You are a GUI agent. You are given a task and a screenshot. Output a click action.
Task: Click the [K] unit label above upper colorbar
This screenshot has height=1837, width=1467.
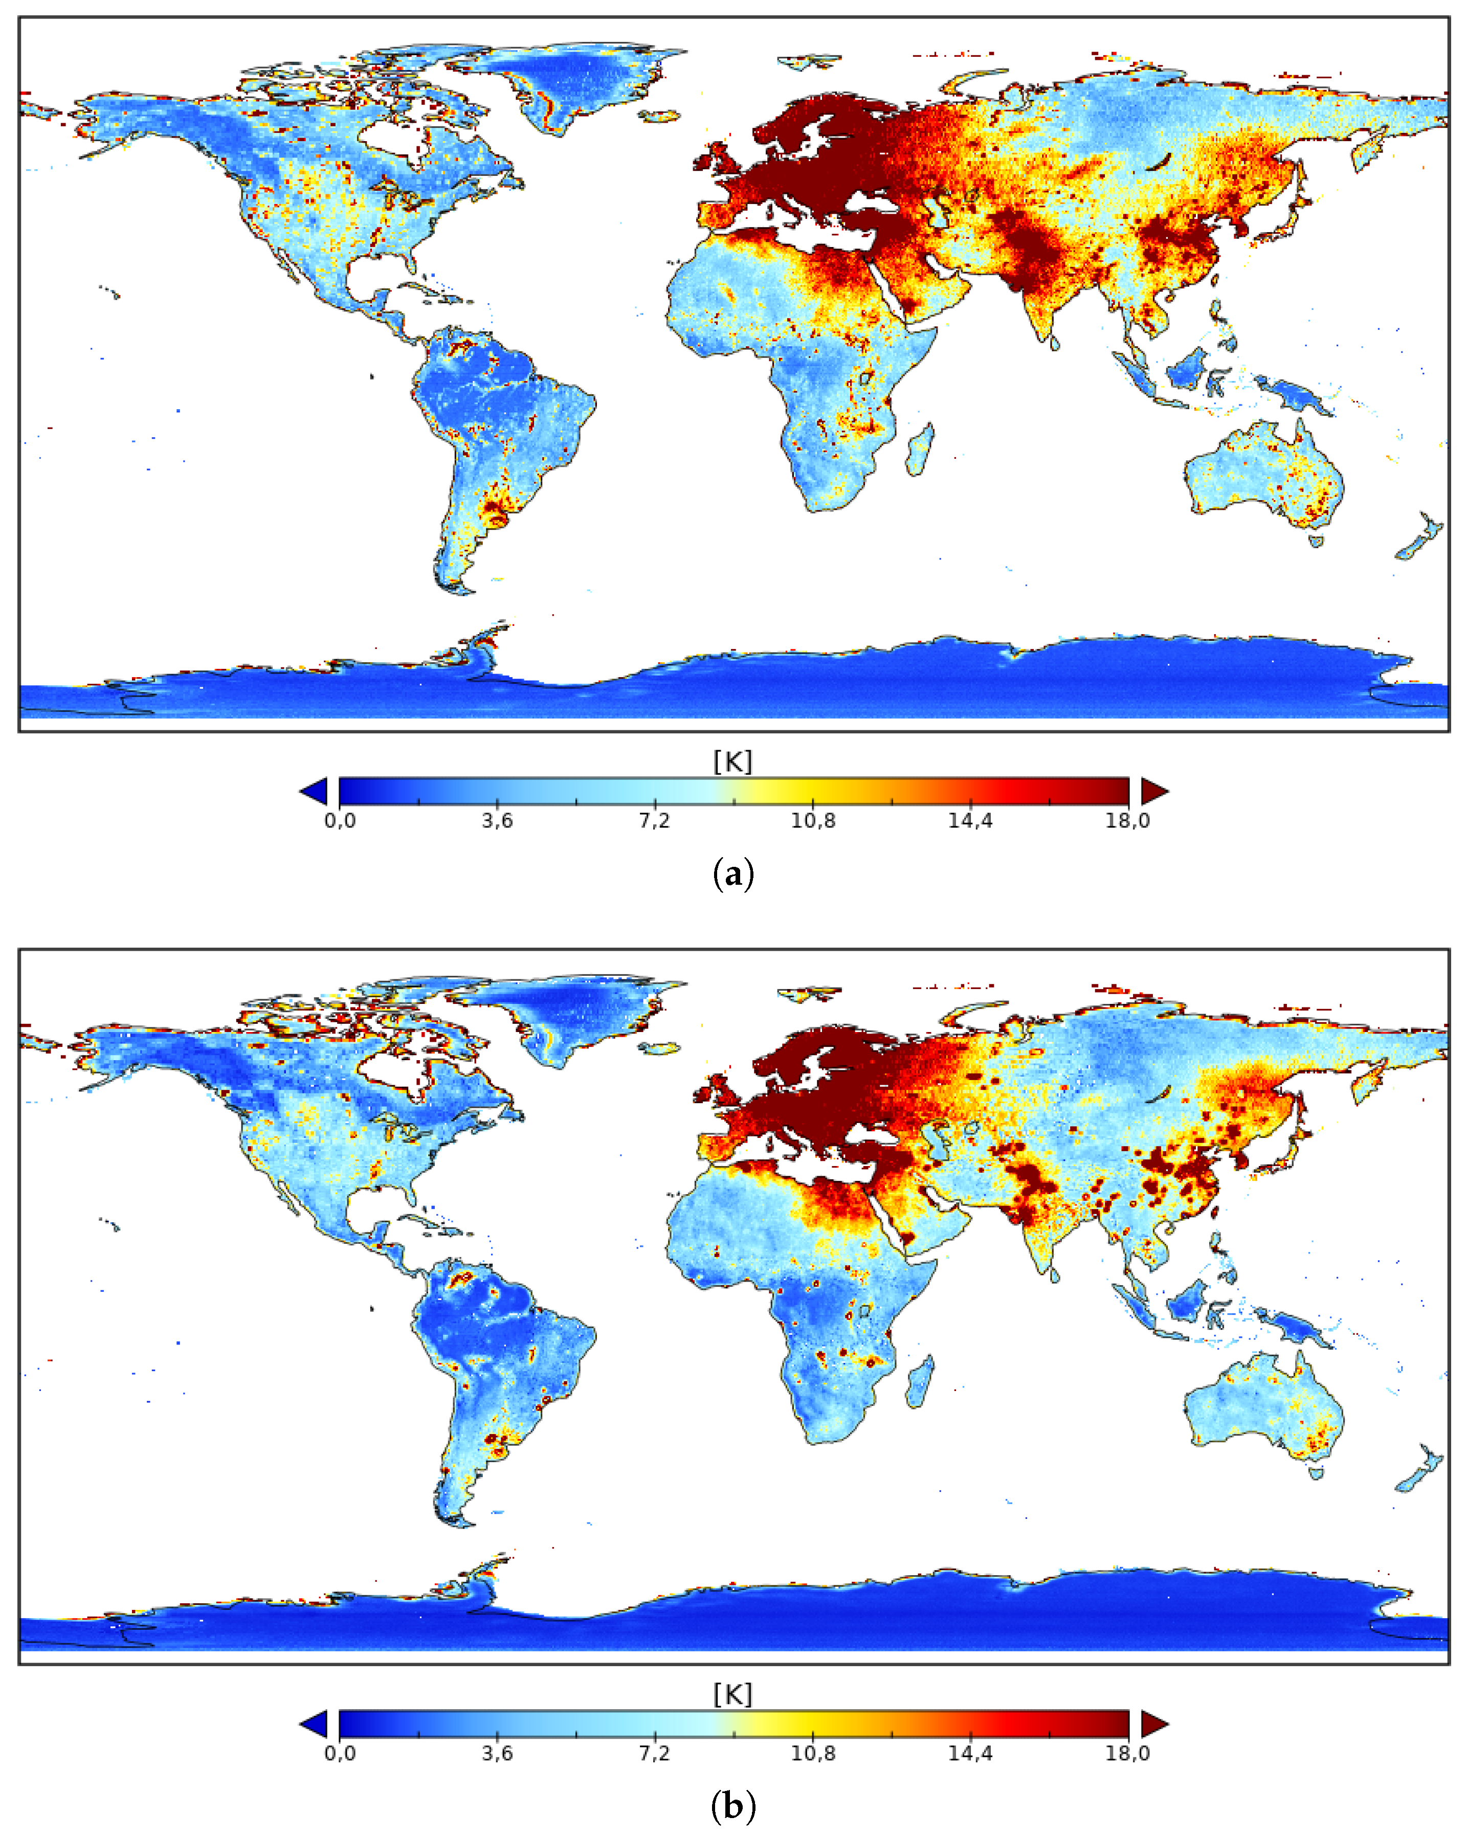click(732, 761)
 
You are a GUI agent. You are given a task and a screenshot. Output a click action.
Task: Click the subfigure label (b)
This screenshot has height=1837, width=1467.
click(732, 1806)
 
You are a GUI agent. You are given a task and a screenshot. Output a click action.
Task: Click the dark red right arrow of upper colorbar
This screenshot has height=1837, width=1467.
click(1154, 792)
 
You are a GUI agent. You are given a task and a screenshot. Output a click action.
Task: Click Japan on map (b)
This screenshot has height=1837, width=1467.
click(1279, 1159)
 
